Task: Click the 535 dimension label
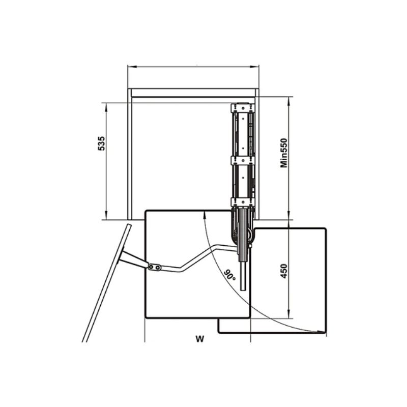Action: coord(101,143)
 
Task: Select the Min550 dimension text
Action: coord(284,153)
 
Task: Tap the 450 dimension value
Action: coord(284,271)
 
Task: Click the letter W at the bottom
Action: coord(200,339)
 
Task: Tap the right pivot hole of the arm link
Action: coord(157,268)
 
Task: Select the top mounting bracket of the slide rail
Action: coord(243,107)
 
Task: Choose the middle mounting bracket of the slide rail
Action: coord(243,160)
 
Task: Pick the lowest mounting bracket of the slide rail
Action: coord(243,202)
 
